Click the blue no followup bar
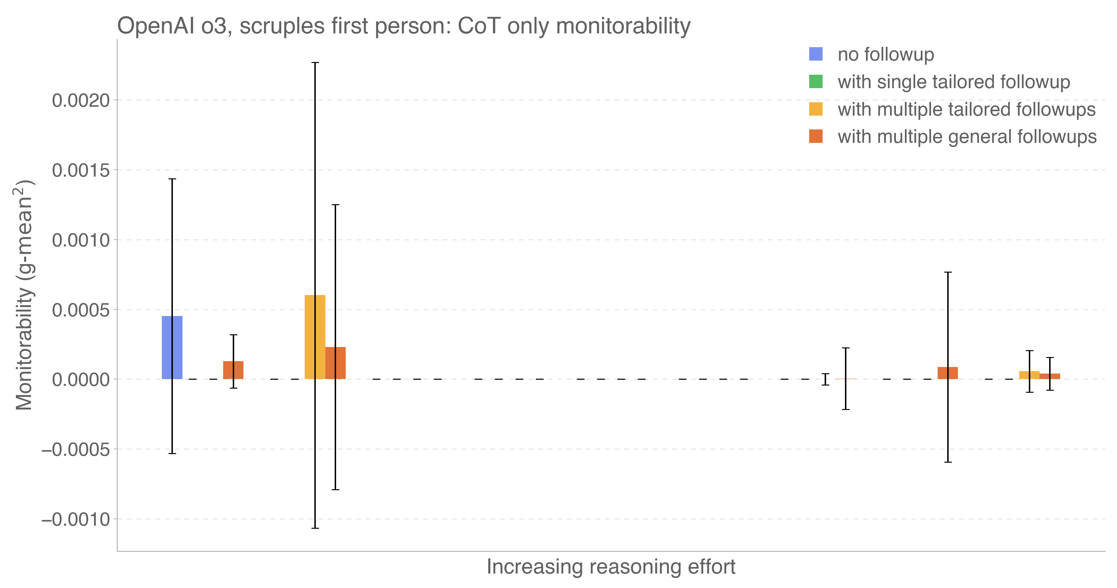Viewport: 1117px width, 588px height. pos(172,347)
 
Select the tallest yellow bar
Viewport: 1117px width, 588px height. pos(315,337)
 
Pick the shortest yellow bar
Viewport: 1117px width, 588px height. pos(1029,375)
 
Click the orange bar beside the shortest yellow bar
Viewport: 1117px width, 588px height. pos(1050,376)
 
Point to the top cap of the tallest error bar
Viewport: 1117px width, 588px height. pos(315,63)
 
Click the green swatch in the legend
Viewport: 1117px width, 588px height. pos(816,82)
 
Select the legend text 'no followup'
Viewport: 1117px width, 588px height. pos(886,55)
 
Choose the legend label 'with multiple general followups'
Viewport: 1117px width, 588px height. pos(967,137)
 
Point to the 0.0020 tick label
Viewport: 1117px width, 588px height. pos(81,101)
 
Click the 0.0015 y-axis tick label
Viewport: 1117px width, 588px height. pos(81,170)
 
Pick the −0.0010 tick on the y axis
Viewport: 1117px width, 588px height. pos(76,519)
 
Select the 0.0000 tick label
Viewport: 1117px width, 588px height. pos(81,380)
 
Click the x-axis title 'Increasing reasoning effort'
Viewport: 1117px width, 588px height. pos(610,566)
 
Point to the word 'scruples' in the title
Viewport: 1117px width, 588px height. pos(282,26)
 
